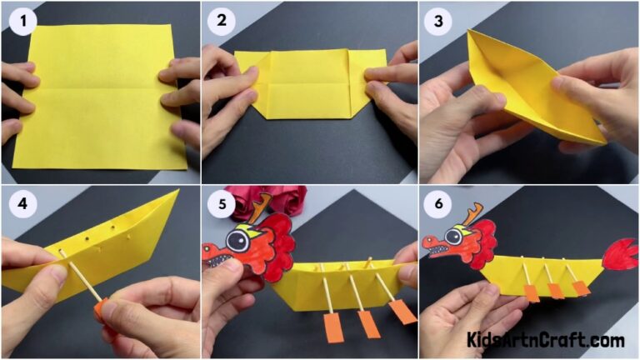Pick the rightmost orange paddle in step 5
click(402, 311)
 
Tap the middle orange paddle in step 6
click(555, 291)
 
